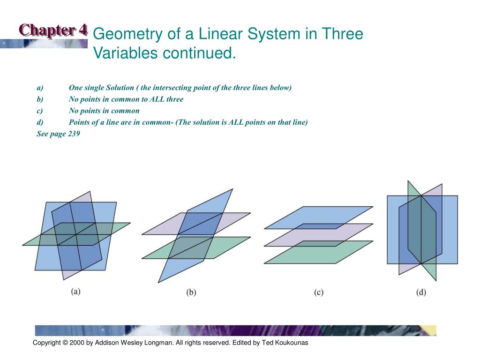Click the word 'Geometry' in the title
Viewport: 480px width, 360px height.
pyautogui.click(x=128, y=34)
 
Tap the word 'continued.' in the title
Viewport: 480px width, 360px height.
pyautogui.click(x=199, y=53)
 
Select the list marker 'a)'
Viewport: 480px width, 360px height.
pyautogui.click(x=40, y=88)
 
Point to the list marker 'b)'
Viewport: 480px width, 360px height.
pyautogui.click(x=40, y=99)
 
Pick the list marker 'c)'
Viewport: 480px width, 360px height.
pyautogui.click(x=39, y=111)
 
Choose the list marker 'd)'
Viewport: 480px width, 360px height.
pyautogui.click(x=40, y=122)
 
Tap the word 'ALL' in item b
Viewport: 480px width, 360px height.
pyautogui.click(x=157, y=99)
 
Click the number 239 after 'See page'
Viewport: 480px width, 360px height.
pyautogui.click(x=74, y=134)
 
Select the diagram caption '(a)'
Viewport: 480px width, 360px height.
pyautogui.click(x=75, y=291)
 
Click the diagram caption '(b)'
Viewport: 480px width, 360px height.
pyautogui.click(x=191, y=292)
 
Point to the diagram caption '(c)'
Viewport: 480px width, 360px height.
pyautogui.click(x=319, y=292)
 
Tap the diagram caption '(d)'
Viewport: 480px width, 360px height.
pyautogui.click(x=421, y=292)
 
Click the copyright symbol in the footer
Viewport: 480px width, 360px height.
pyautogui.click(x=65, y=343)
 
